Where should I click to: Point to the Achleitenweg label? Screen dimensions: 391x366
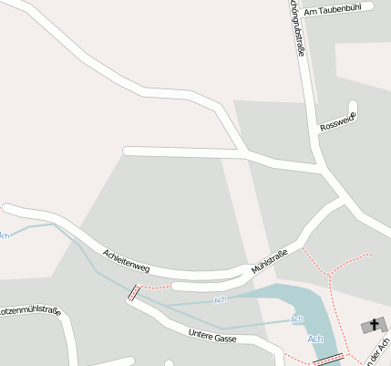pyautogui.click(x=126, y=260)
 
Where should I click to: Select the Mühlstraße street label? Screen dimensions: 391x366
pyautogui.click(x=270, y=259)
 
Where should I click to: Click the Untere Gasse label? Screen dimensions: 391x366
pyautogui.click(x=212, y=337)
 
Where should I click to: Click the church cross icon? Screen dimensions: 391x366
pyautogui.click(x=374, y=324)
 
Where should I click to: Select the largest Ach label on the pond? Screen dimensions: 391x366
pyautogui.click(x=315, y=340)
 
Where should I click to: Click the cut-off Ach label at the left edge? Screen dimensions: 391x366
pyautogui.click(x=5, y=235)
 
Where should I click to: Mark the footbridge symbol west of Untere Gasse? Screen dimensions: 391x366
pyautogui.click(x=134, y=293)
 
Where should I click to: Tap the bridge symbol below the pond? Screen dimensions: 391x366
pyautogui.click(x=327, y=360)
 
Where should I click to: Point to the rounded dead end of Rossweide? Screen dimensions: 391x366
pyautogui.click(x=353, y=105)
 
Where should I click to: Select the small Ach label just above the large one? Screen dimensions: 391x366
pyautogui.click(x=296, y=319)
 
